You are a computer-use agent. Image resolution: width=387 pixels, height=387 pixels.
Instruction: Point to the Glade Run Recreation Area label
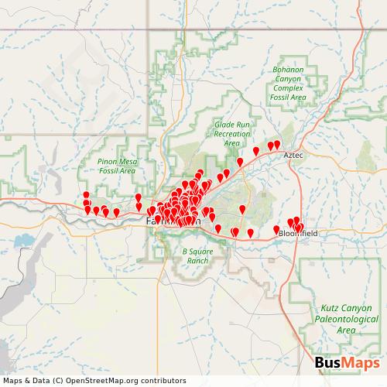click(231, 133)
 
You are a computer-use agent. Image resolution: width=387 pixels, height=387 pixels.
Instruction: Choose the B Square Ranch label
click(196, 256)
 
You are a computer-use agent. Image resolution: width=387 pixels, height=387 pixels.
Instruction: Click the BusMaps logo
click(347, 364)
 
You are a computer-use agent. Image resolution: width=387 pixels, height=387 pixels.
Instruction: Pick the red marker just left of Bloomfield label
click(276, 229)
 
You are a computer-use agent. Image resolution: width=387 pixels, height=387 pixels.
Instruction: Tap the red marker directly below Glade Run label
click(240, 162)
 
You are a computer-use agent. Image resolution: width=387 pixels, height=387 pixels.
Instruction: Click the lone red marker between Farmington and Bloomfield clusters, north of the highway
click(242, 209)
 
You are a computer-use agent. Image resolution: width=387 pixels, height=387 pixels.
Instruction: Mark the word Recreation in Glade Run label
click(231, 133)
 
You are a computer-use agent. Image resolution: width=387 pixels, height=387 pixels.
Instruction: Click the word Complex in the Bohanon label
click(289, 89)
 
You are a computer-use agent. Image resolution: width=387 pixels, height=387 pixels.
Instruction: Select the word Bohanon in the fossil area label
click(289, 70)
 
